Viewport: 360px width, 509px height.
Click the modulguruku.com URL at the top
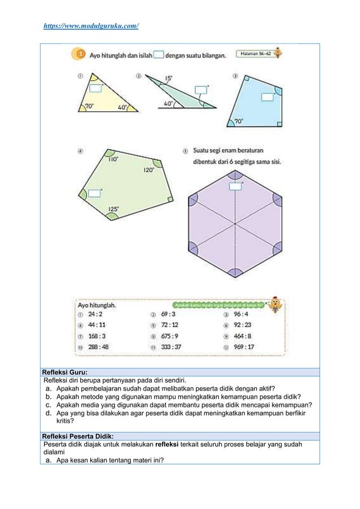point(91,26)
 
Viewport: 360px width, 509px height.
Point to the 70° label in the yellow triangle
point(90,106)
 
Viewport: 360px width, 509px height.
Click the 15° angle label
point(169,78)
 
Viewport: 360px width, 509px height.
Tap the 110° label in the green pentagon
point(113,159)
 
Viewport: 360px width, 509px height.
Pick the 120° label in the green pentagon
point(148,169)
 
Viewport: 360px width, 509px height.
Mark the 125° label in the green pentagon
point(113,209)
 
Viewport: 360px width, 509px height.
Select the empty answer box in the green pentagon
point(95,194)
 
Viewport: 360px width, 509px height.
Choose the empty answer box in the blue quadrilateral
point(267,96)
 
